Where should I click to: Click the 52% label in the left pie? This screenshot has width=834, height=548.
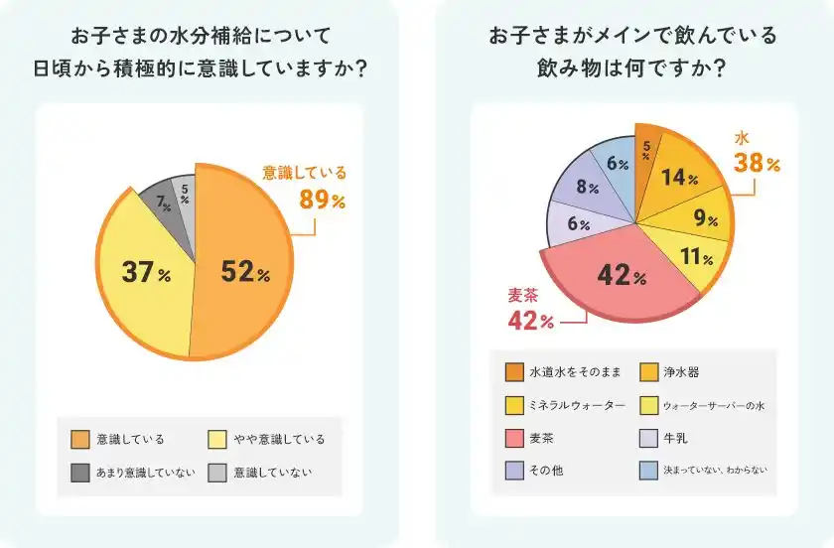(245, 272)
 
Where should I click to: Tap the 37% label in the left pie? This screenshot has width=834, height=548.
(146, 271)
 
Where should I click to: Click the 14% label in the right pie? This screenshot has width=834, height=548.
(680, 178)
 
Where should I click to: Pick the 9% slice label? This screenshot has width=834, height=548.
(705, 219)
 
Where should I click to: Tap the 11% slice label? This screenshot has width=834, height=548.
(693, 257)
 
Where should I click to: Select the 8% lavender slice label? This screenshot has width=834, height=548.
(587, 187)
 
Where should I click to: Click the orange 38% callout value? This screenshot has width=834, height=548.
(757, 163)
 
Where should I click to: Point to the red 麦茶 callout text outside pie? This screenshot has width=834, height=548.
(522, 295)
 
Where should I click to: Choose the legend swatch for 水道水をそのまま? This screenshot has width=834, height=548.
(513, 372)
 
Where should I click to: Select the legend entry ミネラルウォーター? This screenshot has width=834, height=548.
(577, 405)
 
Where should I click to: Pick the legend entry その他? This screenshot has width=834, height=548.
(549, 471)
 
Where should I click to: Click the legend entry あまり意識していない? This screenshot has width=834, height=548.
(145, 472)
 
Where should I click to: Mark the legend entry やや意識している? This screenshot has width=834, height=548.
(279, 439)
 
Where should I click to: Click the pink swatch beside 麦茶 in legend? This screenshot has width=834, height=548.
(513, 438)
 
